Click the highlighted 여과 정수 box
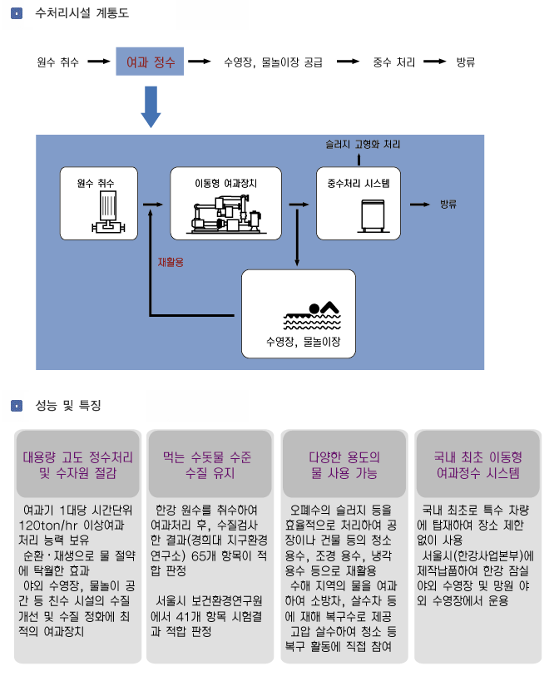pyautogui.click(x=150, y=62)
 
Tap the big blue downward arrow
pyautogui.click(x=151, y=106)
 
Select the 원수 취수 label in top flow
pyautogui.click(x=57, y=62)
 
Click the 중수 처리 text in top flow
pyautogui.click(x=393, y=62)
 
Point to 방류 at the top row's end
pyautogui.click(x=466, y=62)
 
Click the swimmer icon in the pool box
pyautogui.click(x=312, y=315)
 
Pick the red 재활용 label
pyautogui.click(x=171, y=262)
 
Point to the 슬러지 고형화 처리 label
pyautogui.click(x=363, y=144)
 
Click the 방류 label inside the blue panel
pyautogui.click(x=448, y=204)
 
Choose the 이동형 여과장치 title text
pyautogui.click(x=226, y=183)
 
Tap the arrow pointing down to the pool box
pyautogui.click(x=297, y=237)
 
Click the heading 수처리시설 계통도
pyautogui.click(x=82, y=13)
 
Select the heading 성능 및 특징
pyautogui.click(x=68, y=405)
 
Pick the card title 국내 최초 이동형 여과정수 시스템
pyautogui.click(x=477, y=465)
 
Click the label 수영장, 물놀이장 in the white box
pyautogui.click(x=303, y=342)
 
